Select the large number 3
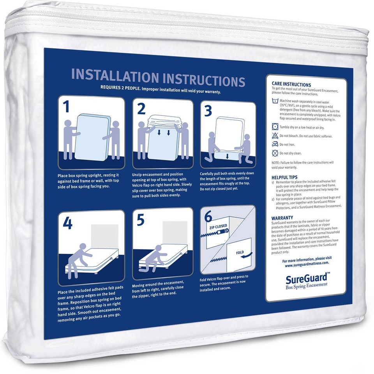209,111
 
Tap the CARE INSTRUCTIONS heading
291,85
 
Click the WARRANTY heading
282,217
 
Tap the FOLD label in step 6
240,252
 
